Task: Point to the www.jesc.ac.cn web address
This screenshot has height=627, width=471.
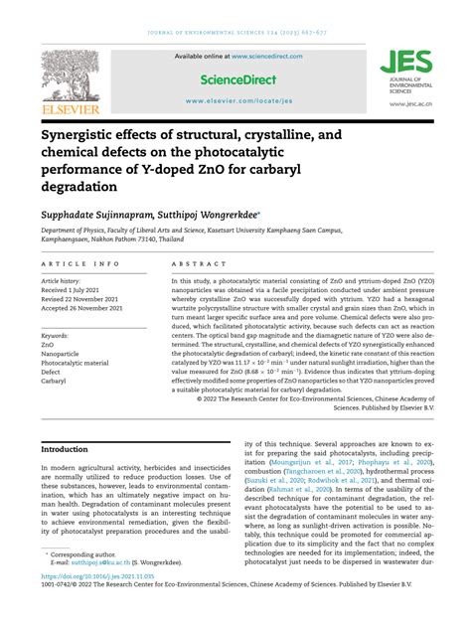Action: coord(408,102)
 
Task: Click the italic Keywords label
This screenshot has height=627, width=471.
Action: coord(61,337)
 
